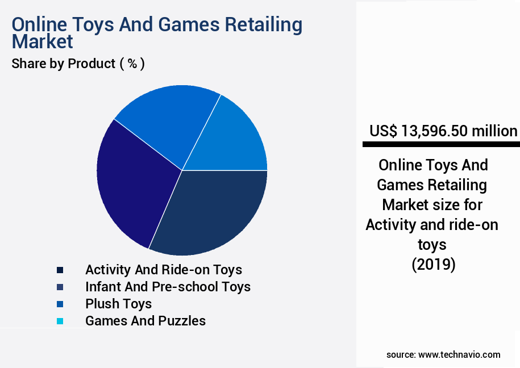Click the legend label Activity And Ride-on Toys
pyautogui.click(x=164, y=270)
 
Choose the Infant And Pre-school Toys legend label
pyautogui.click(x=168, y=287)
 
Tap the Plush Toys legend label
pyautogui.click(x=118, y=304)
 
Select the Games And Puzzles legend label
pyautogui.click(x=145, y=321)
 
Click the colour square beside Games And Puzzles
pyautogui.click(x=60, y=321)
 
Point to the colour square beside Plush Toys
pyautogui.click(x=60, y=304)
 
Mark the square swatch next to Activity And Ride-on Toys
pyautogui.click(x=60, y=270)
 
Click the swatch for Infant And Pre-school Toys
pyautogui.click(x=60, y=287)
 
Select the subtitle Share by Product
pyautogui.click(x=63, y=64)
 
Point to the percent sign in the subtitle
pyautogui.click(x=132, y=64)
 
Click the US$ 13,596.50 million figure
pyautogui.click(x=443, y=131)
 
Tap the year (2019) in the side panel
pyautogui.click(x=433, y=265)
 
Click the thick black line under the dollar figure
pyautogui.click(x=441, y=145)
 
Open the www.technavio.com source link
pyautogui.click(x=459, y=355)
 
